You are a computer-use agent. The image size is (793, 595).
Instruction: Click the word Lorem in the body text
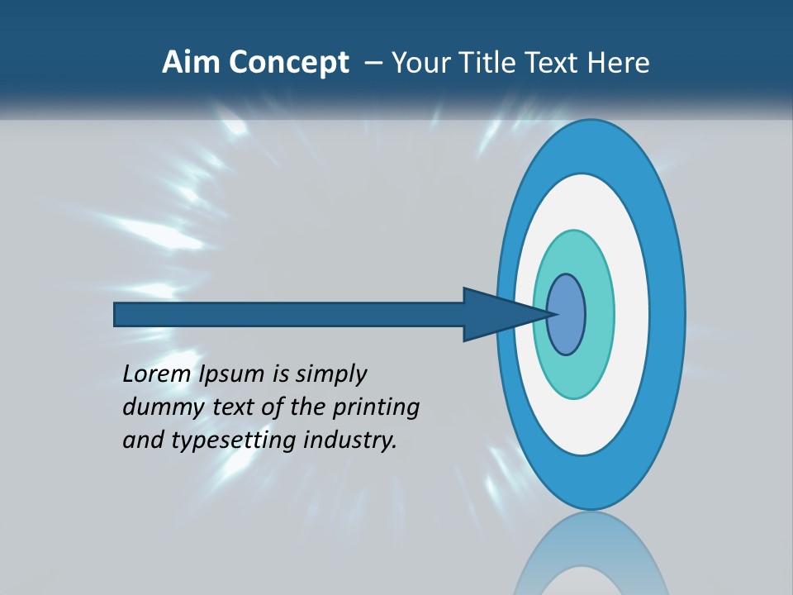158,374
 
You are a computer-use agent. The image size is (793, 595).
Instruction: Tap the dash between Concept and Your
373,64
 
